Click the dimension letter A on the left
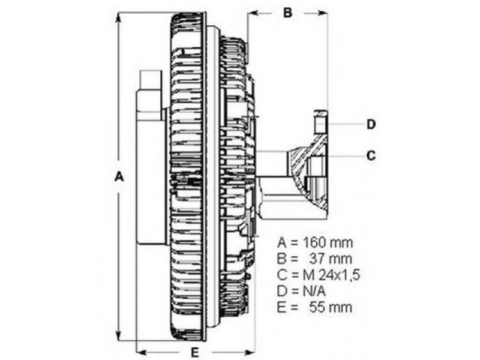pyautogui.click(x=119, y=176)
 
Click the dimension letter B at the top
pyautogui.click(x=287, y=13)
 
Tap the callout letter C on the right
pyautogui.click(x=371, y=155)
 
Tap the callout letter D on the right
pyautogui.click(x=371, y=124)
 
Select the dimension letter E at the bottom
pyautogui.click(x=195, y=352)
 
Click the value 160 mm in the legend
pyautogui.click(x=328, y=243)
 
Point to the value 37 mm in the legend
pyautogui.click(x=331, y=259)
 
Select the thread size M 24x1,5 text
pyautogui.click(x=332, y=275)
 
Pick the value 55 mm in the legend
pyautogui.click(x=331, y=307)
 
